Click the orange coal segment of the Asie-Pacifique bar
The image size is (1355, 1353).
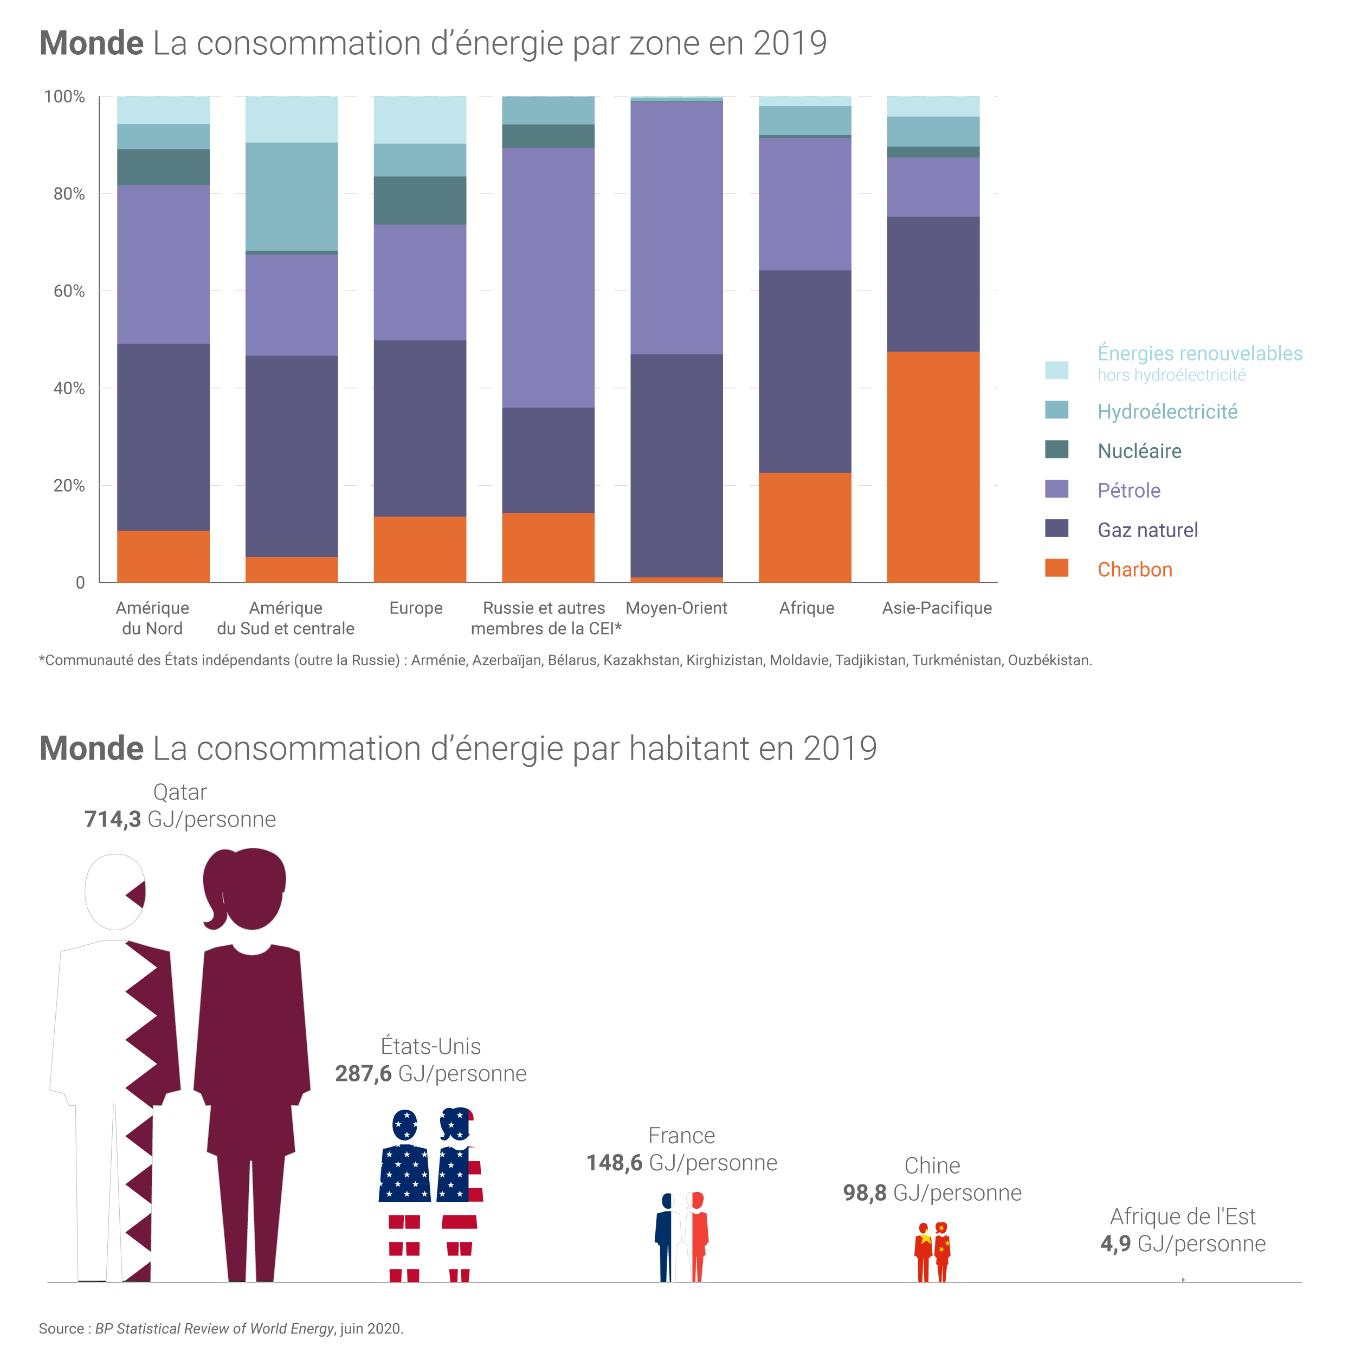(933, 466)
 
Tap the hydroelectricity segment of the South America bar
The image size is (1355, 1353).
(291, 196)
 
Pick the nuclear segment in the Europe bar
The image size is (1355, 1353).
(420, 200)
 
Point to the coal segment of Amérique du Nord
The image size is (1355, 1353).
(163, 556)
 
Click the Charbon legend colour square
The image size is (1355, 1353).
(1056, 568)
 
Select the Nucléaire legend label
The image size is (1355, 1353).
(1139, 451)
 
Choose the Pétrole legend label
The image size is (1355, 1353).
(1128, 490)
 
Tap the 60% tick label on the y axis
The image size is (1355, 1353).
(69, 291)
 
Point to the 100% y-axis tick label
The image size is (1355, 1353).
(64, 97)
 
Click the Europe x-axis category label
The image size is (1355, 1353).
(416, 608)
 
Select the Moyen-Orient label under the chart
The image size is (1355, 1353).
(676, 608)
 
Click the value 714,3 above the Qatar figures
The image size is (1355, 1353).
(113, 819)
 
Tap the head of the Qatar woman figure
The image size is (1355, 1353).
(246, 887)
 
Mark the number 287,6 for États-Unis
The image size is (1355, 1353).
(363, 1074)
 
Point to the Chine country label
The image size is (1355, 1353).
(932, 1166)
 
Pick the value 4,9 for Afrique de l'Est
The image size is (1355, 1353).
(1115, 1244)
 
